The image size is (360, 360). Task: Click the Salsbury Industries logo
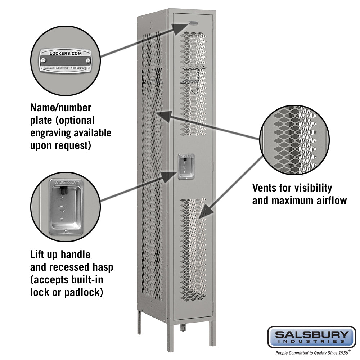pos(311,337)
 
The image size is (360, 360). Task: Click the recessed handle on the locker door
pos(186,166)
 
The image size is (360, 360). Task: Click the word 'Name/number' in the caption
pos(60,107)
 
